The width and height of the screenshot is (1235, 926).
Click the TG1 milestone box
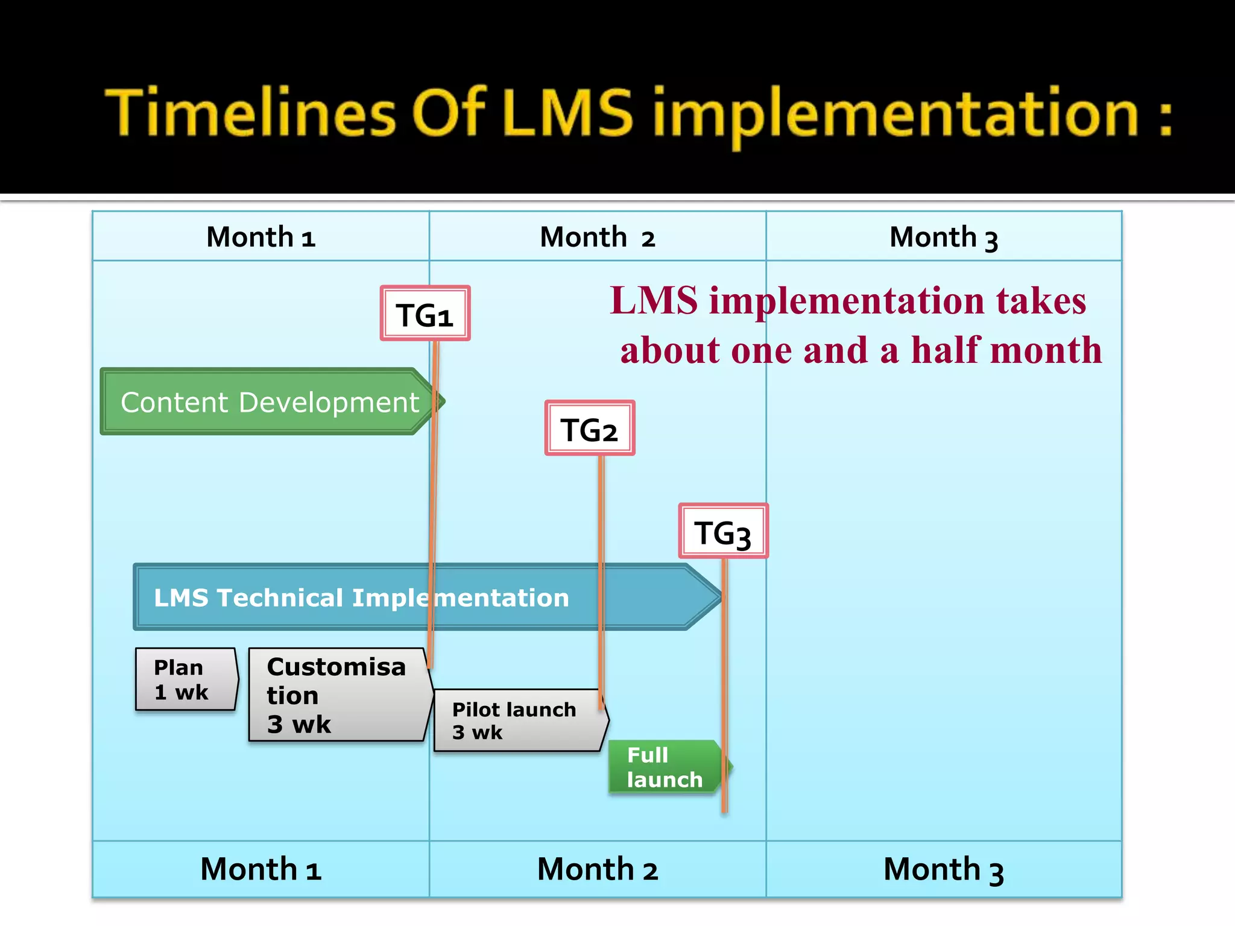425,313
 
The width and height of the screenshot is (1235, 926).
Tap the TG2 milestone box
590,428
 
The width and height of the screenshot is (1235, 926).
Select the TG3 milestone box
723,531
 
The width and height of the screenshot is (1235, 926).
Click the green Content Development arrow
268,402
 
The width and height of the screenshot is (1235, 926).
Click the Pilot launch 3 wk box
519,720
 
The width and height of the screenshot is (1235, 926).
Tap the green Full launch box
665,767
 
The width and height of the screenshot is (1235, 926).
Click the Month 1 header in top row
261,237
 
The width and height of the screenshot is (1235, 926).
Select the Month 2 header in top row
597,237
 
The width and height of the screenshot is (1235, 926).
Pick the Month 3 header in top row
944,237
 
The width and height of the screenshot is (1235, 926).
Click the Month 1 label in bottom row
261,869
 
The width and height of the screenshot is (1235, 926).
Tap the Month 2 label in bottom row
597,869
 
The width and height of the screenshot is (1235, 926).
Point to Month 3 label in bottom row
944,869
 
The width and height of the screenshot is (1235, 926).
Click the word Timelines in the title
250,113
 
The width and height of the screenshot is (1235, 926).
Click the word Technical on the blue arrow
280,598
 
